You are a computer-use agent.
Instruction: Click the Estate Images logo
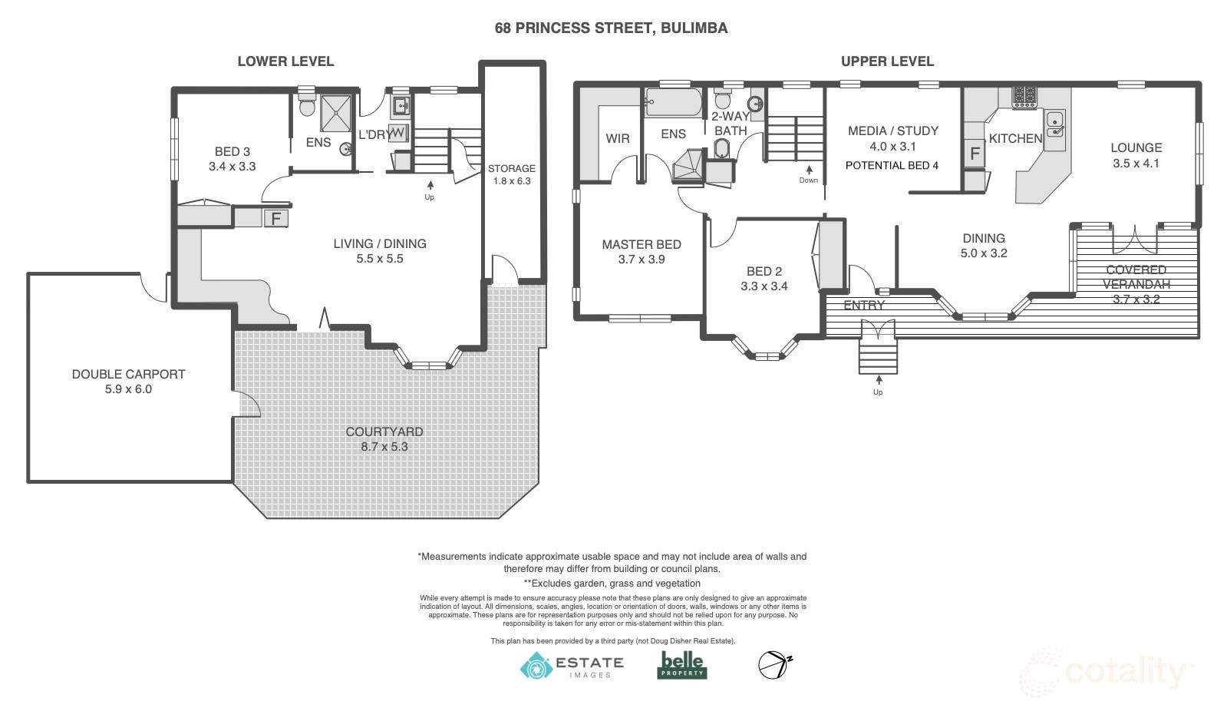coord(572,666)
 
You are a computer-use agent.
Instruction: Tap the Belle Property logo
coord(682,665)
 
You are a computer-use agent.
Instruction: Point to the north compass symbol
coord(775,665)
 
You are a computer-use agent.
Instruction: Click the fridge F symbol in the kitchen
coord(975,154)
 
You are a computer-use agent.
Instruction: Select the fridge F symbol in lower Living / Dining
coord(276,218)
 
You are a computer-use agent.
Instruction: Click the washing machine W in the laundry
coord(398,133)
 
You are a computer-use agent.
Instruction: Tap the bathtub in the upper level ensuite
coord(673,102)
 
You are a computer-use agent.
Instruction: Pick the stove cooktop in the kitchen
coord(1024,97)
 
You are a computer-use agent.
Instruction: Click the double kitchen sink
coord(1054,124)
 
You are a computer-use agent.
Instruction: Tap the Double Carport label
coord(129,374)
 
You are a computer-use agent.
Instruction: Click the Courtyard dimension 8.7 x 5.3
coord(384,446)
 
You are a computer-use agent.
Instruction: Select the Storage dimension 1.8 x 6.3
coord(512,181)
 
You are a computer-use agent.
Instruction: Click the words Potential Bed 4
coord(892,165)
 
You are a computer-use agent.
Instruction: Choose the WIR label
coord(617,138)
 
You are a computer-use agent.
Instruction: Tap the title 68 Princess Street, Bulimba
coord(612,28)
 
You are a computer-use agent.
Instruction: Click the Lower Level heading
coord(285,61)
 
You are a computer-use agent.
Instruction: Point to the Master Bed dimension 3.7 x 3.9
coord(642,259)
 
